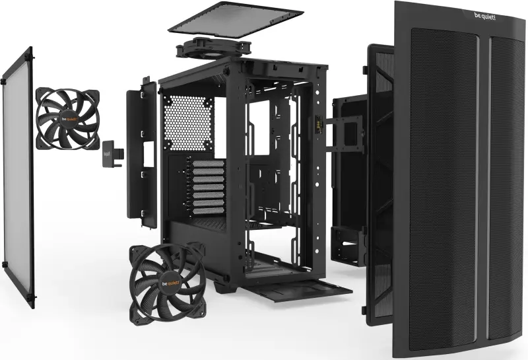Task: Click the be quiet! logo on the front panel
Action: (485, 16)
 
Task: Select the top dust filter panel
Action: (236, 18)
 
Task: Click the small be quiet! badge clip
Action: (112, 154)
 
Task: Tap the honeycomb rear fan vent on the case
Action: (187, 123)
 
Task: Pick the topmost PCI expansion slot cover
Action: (209, 163)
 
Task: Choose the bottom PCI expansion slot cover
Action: (209, 211)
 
